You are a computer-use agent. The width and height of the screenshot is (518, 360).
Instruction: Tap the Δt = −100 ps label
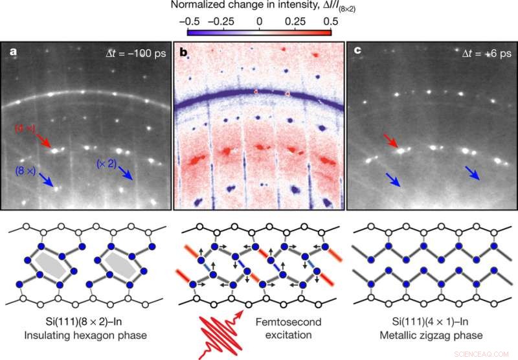pos(137,53)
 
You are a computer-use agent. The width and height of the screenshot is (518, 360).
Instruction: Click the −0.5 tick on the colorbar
pos(187,21)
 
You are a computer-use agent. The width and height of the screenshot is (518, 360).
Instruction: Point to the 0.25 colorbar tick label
pos(295,21)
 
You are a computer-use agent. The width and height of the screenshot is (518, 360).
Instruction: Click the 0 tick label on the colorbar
pos(259,21)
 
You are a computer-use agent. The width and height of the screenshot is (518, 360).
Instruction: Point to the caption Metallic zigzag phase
pos(432,335)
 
